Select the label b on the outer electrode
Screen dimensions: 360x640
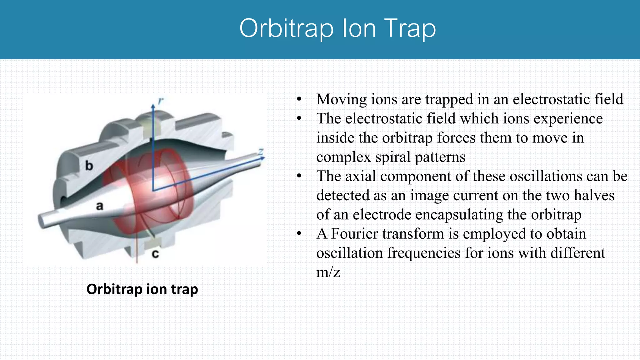(x=89, y=166)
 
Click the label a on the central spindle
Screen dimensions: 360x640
(x=99, y=206)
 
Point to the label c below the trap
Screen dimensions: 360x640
(x=155, y=253)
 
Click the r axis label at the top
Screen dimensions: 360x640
(x=161, y=101)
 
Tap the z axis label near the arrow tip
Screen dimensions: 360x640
(x=261, y=152)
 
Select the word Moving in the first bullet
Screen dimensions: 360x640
(x=342, y=99)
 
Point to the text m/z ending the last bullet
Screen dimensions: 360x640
(x=328, y=272)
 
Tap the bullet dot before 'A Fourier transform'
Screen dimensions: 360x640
(x=299, y=234)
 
